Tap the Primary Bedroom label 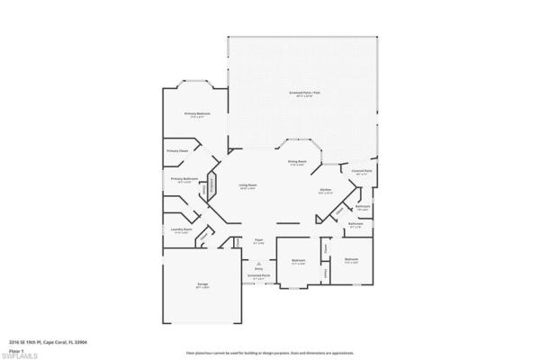coord(197,113)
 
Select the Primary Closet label coord(177,150)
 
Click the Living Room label coord(247,185)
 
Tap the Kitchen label coord(326,190)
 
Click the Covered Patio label coord(363,170)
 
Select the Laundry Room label coord(183,230)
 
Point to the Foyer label coord(258,240)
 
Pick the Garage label coord(203,285)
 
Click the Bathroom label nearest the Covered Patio coord(364,206)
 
